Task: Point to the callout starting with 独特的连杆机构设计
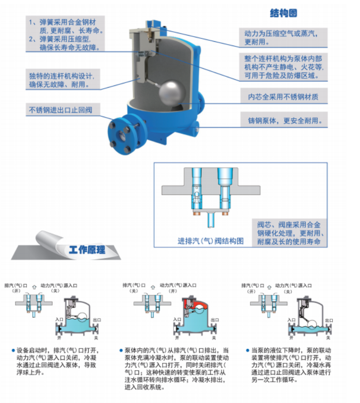(62, 80)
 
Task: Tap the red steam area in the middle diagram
(194, 306)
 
